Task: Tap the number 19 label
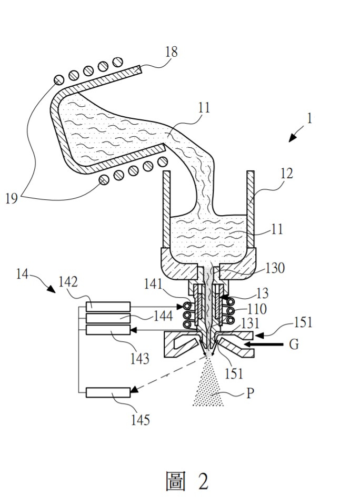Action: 12,199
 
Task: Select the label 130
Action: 275,268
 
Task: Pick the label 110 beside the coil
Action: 256,309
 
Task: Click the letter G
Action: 294,345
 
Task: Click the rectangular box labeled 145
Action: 108,392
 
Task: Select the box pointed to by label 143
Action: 108,330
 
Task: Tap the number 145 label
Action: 141,420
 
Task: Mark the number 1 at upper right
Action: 310,118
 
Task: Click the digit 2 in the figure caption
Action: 203,481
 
